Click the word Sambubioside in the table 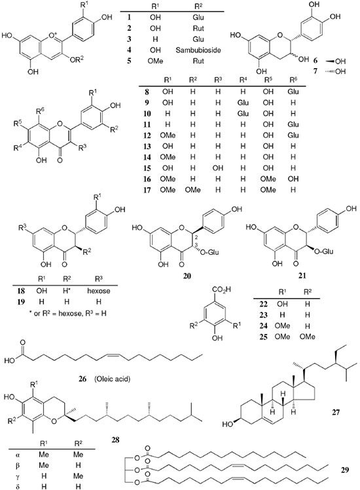(198, 50)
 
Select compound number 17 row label (147, 190)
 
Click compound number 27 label (335, 412)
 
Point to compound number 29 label (345, 470)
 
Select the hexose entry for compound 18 (99, 291)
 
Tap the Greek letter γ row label (18, 476)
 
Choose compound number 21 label (302, 275)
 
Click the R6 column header (293, 80)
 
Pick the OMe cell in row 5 (156, 61)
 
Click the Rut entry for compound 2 (198, 28)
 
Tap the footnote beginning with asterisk (69, 313)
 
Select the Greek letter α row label (18, 455)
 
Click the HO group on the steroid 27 (228, 424)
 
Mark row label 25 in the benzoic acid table (264, 337)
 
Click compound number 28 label (115, 440)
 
